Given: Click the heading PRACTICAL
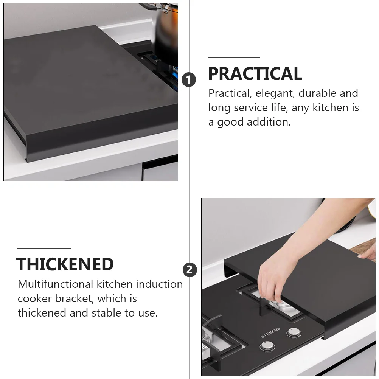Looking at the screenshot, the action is [x=255, y=74].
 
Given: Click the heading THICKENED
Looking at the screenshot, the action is [x=65, y=264].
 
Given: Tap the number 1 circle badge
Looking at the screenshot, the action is [x=188, y=80].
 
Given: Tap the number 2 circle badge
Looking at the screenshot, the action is [x=189, y=270].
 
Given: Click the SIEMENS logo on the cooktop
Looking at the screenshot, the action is [x=270, y=332].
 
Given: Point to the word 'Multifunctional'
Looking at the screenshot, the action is [x=55, y=284].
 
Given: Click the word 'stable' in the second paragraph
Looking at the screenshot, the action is [x=106, y=313].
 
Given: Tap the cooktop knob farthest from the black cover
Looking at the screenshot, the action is [x=267, y=346].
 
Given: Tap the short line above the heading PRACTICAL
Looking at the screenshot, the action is [x=234, y=58].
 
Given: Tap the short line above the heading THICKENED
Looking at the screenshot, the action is [x=43, y=248].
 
